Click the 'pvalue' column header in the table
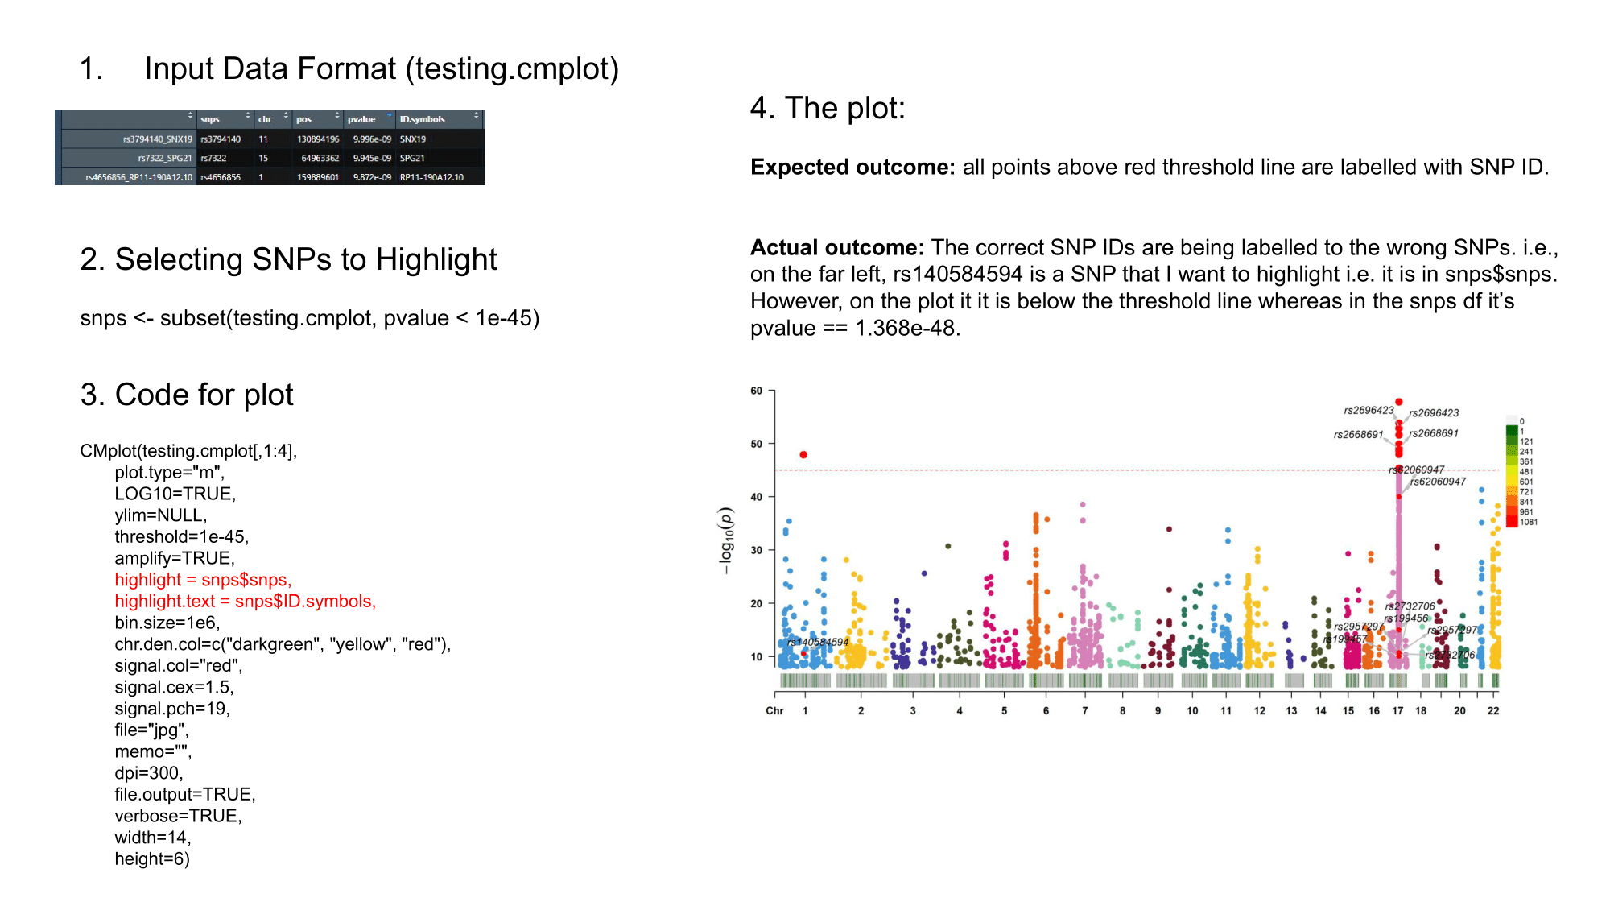(x=361, y=119)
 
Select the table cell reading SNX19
(x=413, y=139)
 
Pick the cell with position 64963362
(x=318, y=159)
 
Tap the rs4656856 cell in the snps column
(x=221, y=177)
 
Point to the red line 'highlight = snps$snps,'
(x=203, y=580)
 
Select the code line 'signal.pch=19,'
(x=172, y=709)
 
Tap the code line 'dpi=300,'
(x=149, y=773)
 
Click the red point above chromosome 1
(x=803, y=455)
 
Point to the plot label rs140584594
(x=818, y=642)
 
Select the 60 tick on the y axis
(x=757, y=391)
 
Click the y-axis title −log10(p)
(x=726, y=540)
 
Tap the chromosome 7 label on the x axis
(x=1085, y=711)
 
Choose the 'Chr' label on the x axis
(x=774, y=711)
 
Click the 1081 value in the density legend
(x=1529, y=523)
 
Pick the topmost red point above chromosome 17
(x=1399, y=402)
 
